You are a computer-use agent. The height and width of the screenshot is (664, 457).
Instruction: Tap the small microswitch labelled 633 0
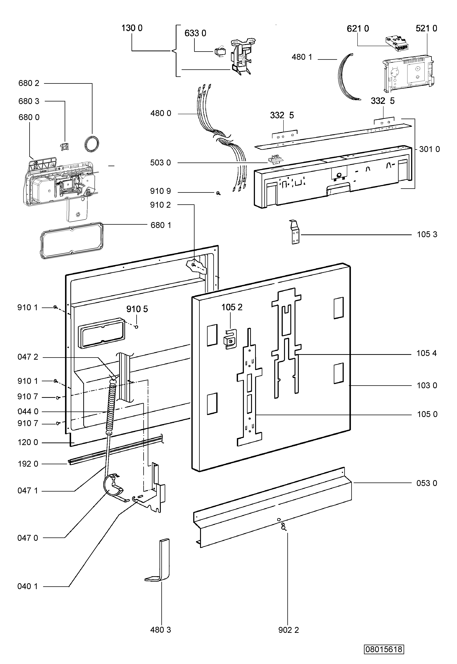click(x=219, y=52)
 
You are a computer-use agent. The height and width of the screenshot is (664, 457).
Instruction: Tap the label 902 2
click(x=288, y=630)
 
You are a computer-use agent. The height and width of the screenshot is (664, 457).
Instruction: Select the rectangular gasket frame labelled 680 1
click(x=72, y=241)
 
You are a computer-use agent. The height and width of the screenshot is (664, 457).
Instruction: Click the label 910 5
click(x=137, y=309)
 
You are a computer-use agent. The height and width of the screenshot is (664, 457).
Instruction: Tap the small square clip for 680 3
click(x=64, y=146)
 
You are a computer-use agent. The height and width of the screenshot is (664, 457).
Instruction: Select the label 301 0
click(x=429, y=149)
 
